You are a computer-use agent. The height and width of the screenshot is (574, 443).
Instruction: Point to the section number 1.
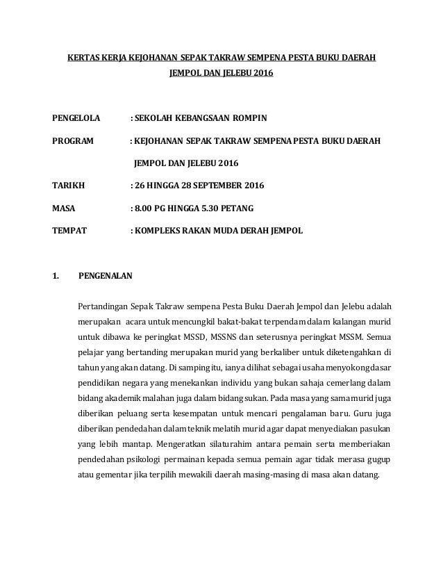point(56,276)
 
